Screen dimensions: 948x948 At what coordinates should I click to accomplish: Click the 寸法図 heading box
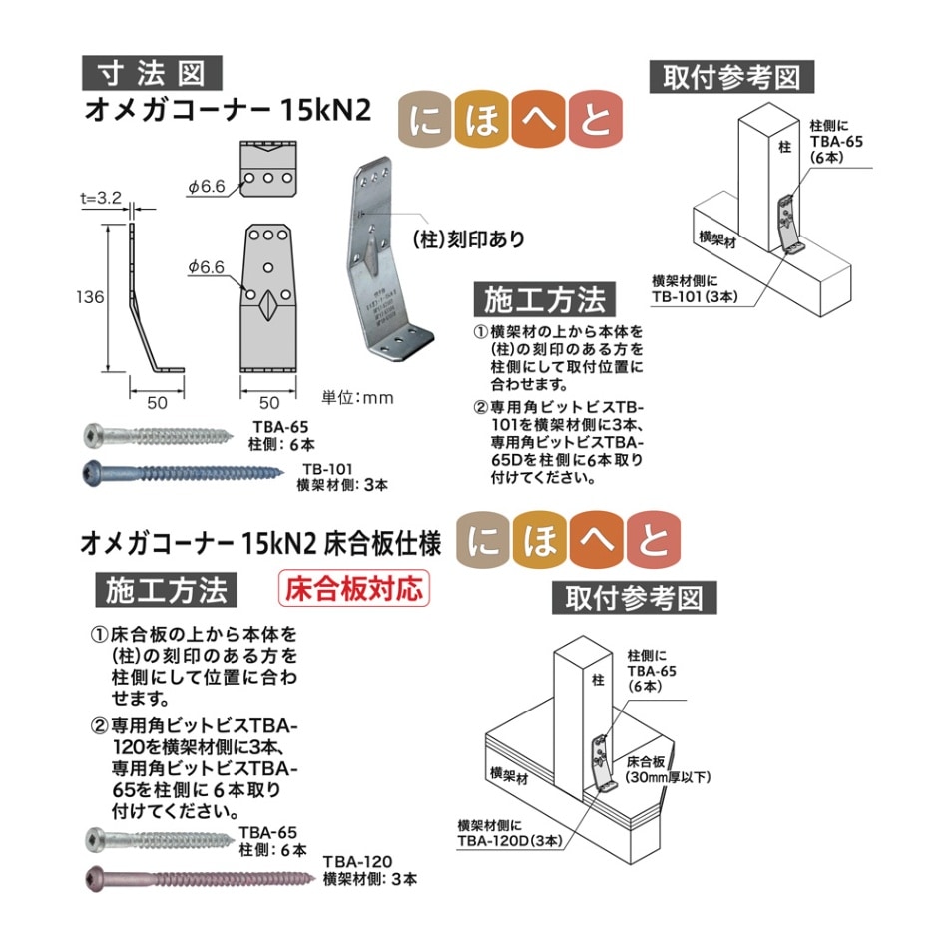click(152, 72)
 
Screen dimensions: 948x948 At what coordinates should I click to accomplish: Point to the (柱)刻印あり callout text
click(468, 239)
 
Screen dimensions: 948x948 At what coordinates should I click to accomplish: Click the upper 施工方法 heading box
click(544, 298)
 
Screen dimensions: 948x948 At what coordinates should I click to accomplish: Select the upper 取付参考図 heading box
click(731, 77)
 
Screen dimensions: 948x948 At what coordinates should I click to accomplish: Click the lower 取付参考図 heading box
click(634, 597)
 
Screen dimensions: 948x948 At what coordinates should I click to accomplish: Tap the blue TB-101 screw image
click(180, 472)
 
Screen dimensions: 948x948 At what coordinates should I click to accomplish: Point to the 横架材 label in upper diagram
click(717, 240)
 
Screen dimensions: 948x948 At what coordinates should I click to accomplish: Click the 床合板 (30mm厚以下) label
click(667, 768)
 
